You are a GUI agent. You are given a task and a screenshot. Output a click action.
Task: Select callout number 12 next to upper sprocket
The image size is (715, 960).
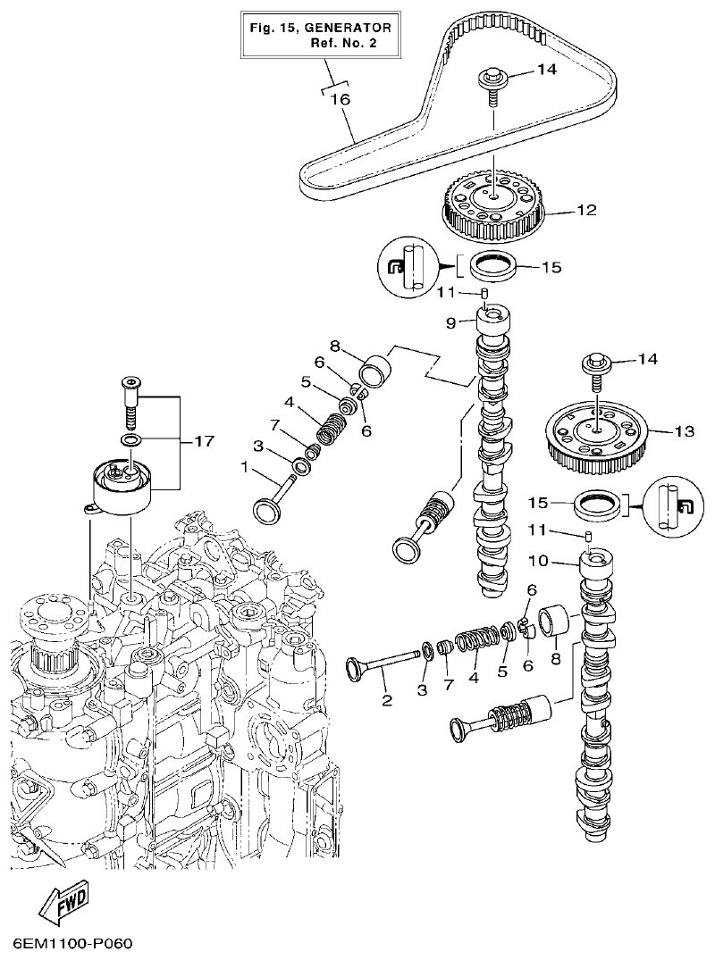585,212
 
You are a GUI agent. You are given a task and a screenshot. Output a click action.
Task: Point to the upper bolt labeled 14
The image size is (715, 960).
494,79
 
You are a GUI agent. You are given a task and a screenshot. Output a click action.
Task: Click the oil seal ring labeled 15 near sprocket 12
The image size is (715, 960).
494,265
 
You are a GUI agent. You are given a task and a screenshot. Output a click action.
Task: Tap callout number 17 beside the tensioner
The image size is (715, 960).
204,441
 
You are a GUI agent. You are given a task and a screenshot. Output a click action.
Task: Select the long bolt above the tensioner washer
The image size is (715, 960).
130,402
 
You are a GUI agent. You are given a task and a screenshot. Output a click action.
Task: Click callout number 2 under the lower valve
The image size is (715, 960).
387,700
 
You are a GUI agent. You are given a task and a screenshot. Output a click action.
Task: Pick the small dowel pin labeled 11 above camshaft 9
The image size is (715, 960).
484,293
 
